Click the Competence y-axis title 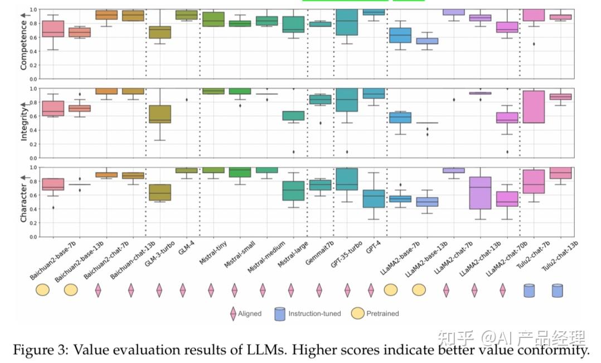[x=24, y=44]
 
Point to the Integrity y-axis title [x=24, y=123]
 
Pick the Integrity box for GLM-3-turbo [x=159, y=114]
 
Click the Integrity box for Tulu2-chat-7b [x=534, y=106]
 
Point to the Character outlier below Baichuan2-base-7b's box [x=53, y=208]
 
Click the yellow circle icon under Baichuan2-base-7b [x=43, y=290]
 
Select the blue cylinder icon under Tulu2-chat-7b [x=529, y=291]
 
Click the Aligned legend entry [x=245, y=313]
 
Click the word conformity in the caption [x=555, y=351]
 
